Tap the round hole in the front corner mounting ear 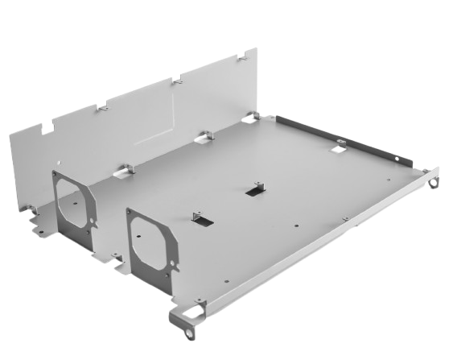tap(191, 329)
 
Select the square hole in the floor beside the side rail tap(340, 147)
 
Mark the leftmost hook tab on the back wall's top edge tap(102, 106)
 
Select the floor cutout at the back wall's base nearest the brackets tap(125, 169)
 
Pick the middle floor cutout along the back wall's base tap(200, 137)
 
